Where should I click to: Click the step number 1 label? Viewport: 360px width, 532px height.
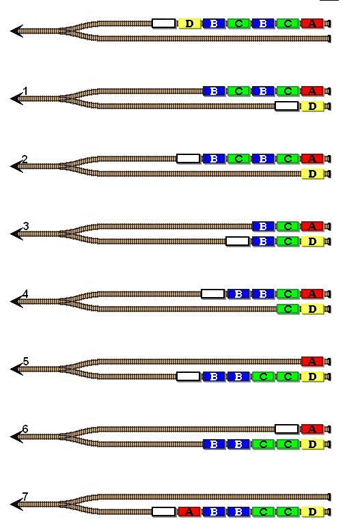tap(25, 91)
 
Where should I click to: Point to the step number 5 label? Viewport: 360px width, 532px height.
tap(26, 361)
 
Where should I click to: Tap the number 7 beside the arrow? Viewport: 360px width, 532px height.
tap(25, 496)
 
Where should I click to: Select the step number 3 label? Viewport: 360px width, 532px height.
tap(26, 226)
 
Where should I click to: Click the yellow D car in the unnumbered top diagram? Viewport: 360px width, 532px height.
tap(189, 23)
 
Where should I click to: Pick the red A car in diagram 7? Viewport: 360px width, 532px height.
tap(189, 512)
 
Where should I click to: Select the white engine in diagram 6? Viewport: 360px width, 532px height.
tap(287, 429)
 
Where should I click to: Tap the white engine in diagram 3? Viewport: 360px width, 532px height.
tap(238, 241)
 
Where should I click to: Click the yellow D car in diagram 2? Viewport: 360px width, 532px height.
tap(312, 173)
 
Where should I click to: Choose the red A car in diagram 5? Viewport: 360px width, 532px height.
tap(312, 361)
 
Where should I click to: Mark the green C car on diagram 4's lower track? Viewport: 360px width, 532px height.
tap(288, 309)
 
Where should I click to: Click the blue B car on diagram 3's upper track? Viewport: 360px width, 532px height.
tap(263, 226)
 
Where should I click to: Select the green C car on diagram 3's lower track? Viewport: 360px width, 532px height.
tap(288, 241)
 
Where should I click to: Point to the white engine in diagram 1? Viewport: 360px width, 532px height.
tap(287, 107)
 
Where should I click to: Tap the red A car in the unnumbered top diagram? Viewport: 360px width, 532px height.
tap(312, 23)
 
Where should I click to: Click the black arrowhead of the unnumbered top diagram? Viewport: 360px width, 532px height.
tap(16, 31)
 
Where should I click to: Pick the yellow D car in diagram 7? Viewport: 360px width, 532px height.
tap(312, 512)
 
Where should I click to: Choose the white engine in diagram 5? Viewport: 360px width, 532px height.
tap(189, 376)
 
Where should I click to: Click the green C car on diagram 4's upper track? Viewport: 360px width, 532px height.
tap(288, 294)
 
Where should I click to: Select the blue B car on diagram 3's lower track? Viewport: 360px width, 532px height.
tap(263, 241)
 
